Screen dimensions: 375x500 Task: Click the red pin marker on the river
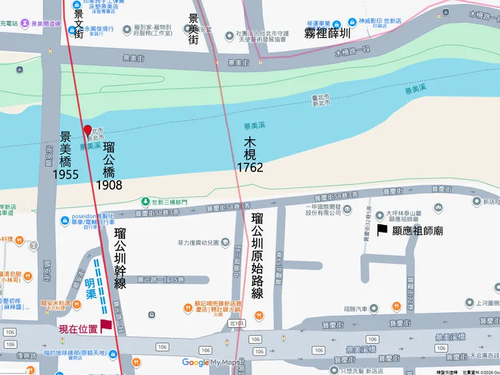[x=86, y=130]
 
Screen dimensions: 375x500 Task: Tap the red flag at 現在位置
[x=105, y=326]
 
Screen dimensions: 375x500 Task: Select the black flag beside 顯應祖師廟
[x=382, y=230]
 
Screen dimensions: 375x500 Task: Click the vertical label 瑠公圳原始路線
[x=257, y=255]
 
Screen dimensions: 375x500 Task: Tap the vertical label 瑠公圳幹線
[x=120, y=259]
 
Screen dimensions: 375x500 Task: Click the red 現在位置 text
[x=78, y=330]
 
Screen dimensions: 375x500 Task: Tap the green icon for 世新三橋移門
[x=145, y=202]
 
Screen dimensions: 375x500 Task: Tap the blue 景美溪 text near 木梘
[x=255, y=126]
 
